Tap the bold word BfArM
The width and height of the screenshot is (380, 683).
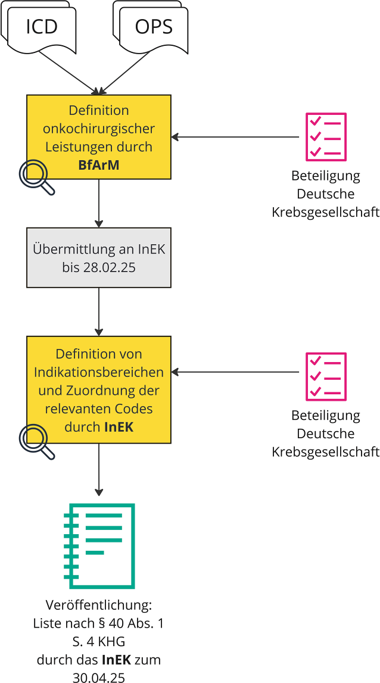click(x=99, y=165)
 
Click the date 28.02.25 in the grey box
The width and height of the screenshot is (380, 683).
click(x=99, y=268)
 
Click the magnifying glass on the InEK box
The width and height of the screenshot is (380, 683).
click(x=35, y=440)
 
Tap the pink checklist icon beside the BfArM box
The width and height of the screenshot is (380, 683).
click(x=326, y=137)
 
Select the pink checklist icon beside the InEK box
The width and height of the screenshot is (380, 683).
click(x=326, y=376)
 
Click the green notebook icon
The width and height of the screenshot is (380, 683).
click(x=99, y=545)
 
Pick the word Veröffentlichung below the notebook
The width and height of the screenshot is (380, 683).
click(x=99, y=606)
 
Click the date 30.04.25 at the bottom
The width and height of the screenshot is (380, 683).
click(x=99, y=677)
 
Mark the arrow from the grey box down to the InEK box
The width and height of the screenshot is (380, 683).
click(x=99, y=313)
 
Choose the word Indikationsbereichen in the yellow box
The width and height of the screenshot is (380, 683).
click(x=99, y=373)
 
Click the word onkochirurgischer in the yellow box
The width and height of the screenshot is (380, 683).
click(x=99, y=129)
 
